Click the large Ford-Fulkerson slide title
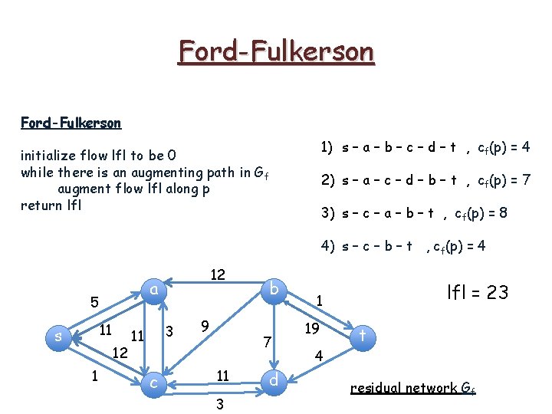pos(276,52)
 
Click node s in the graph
pos(58,336)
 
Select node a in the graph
pos(154,289)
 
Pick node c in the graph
pos(154,381)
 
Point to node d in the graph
pos(274,380)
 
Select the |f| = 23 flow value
pos(477,292)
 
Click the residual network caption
pos(412,388)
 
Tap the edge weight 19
pos(311,329)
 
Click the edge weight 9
pos(205,326)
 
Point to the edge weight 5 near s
pos(94,303)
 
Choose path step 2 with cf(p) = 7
pos(426,180)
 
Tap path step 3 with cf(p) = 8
pos(414,213)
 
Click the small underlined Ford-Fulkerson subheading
pos(71,123)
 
